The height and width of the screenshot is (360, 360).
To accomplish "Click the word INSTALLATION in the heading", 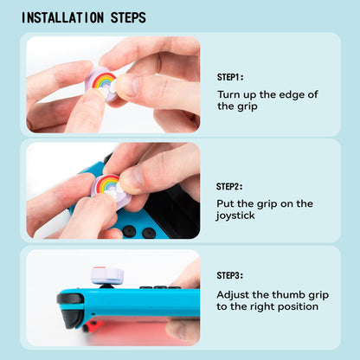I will coord(64,17).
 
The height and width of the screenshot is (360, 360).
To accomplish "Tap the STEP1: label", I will coord(229,77).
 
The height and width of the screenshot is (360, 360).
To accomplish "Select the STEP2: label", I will coord(229,185).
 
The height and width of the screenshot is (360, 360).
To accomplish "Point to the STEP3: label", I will coord(229,275).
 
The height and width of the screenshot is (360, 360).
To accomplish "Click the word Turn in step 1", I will coord(228,93).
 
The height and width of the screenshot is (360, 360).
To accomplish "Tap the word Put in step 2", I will coord(226,203).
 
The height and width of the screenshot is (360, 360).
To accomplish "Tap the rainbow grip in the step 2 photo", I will coord(112,186).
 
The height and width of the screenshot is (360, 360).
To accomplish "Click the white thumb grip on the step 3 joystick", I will coord(108,275).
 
